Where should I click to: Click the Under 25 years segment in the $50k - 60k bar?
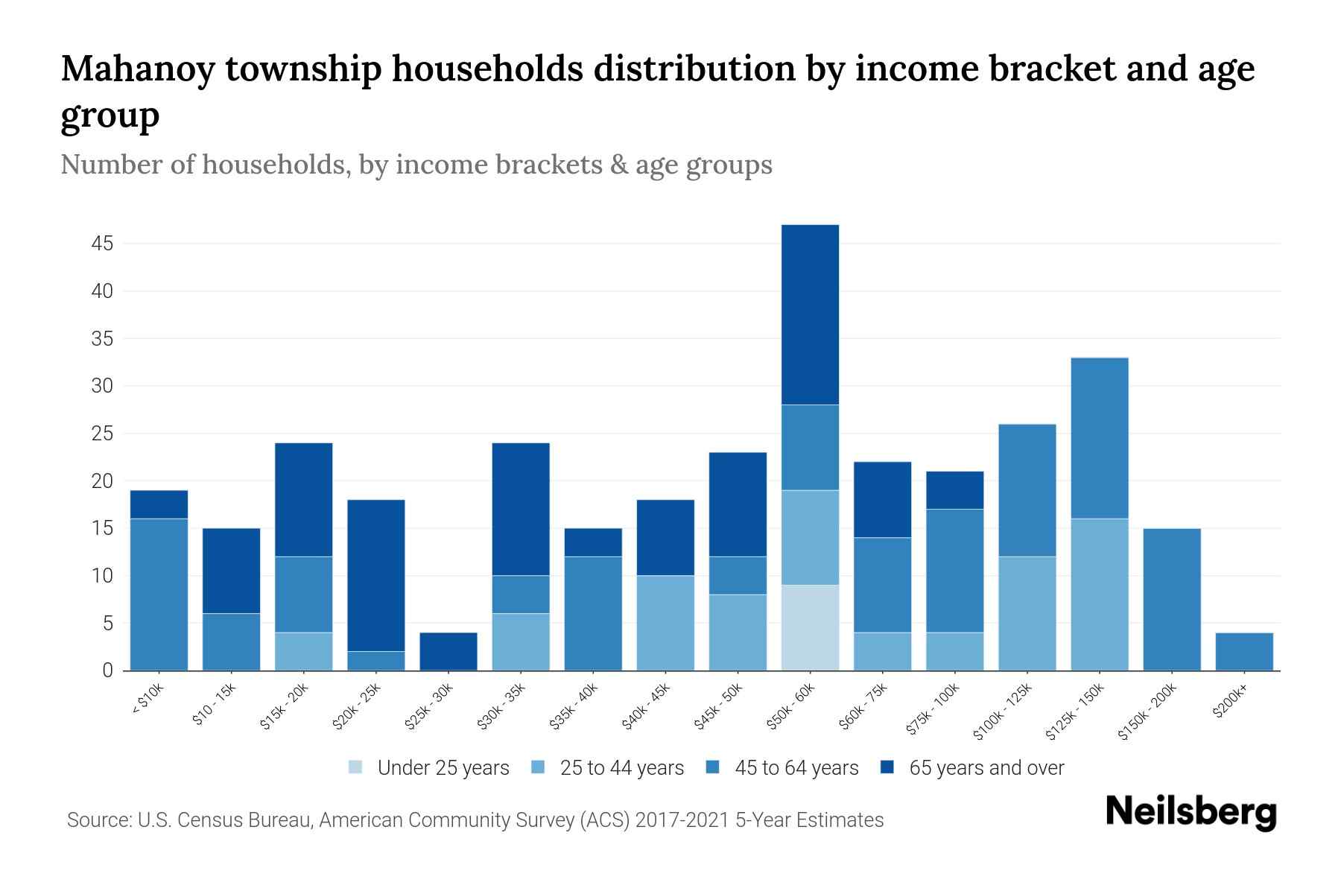point(810,627)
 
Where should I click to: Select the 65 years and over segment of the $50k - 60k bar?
point(810,314)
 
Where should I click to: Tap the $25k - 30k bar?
point(448,651)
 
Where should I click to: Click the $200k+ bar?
point(1244,651)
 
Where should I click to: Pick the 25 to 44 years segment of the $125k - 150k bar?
point(1100,595)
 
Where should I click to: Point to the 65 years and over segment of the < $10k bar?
point(159,504)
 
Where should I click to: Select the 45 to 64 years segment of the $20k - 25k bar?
point(376,661)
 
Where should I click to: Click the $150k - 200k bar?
point(1172,599)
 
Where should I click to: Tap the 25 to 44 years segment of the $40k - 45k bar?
point(665,623)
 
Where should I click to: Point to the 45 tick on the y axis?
point(103,244)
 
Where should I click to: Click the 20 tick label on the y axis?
point(103,481)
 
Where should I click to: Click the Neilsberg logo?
point(1191,812)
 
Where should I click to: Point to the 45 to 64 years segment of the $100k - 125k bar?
point(1027,490)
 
